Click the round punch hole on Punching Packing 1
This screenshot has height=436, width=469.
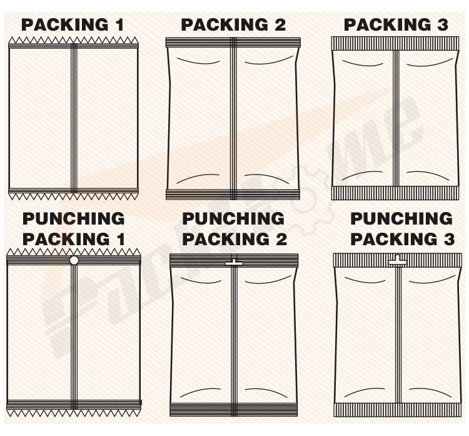[x=74, y=260]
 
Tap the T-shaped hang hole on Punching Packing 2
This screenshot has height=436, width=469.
[x=234, y=263]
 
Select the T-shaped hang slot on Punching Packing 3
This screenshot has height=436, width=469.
[x=397, y=261]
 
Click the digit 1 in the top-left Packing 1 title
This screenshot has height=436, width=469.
[x=120, y=25]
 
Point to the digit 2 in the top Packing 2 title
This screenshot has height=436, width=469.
[x=280, y=25]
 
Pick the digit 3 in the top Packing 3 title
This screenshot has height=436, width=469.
[x=443, y=25]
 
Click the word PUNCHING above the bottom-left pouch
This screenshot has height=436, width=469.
[x=74, y=218]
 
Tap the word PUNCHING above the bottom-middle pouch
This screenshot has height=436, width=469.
[x=233, y=218]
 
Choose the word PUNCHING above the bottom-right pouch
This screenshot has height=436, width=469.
[x=401, y=218]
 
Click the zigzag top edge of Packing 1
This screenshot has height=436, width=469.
[x=73, y=41]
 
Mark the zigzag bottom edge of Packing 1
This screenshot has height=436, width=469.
[x=73, y=196]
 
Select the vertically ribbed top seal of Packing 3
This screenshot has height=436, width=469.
[x=395, y=43]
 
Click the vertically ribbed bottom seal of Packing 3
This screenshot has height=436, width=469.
[x=395, y=193]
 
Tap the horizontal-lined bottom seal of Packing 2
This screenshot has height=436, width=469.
[x=233, y=195]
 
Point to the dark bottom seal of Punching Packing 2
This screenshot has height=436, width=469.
[x=234, y=410]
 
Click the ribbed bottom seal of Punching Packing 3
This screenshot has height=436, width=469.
[x=398, y=410]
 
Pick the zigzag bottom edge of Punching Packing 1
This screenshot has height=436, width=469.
[x=74, y=413]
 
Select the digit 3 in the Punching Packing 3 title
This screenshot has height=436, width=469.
[x=449, y=240]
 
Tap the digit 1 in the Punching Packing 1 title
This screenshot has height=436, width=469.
[x=121, y=240]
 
